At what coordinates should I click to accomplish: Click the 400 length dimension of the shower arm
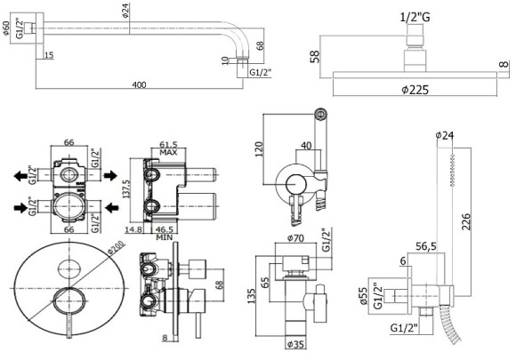(x=139, y=84)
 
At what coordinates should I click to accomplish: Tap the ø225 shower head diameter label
(x=415, y=90)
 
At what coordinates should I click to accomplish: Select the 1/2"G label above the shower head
(x=415, y=17)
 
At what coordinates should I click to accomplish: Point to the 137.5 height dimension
(x=126, y=188)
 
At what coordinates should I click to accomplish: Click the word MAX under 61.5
(x=168, y=153)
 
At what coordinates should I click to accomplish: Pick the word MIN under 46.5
(x=165, y=237)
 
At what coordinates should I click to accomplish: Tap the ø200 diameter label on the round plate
(x=117, y=247)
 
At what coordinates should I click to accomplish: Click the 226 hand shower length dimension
(x=466, y=221)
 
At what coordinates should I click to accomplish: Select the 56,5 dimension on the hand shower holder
(x=426, y=246)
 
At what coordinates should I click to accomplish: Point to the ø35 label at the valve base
(x=295, y=344)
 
